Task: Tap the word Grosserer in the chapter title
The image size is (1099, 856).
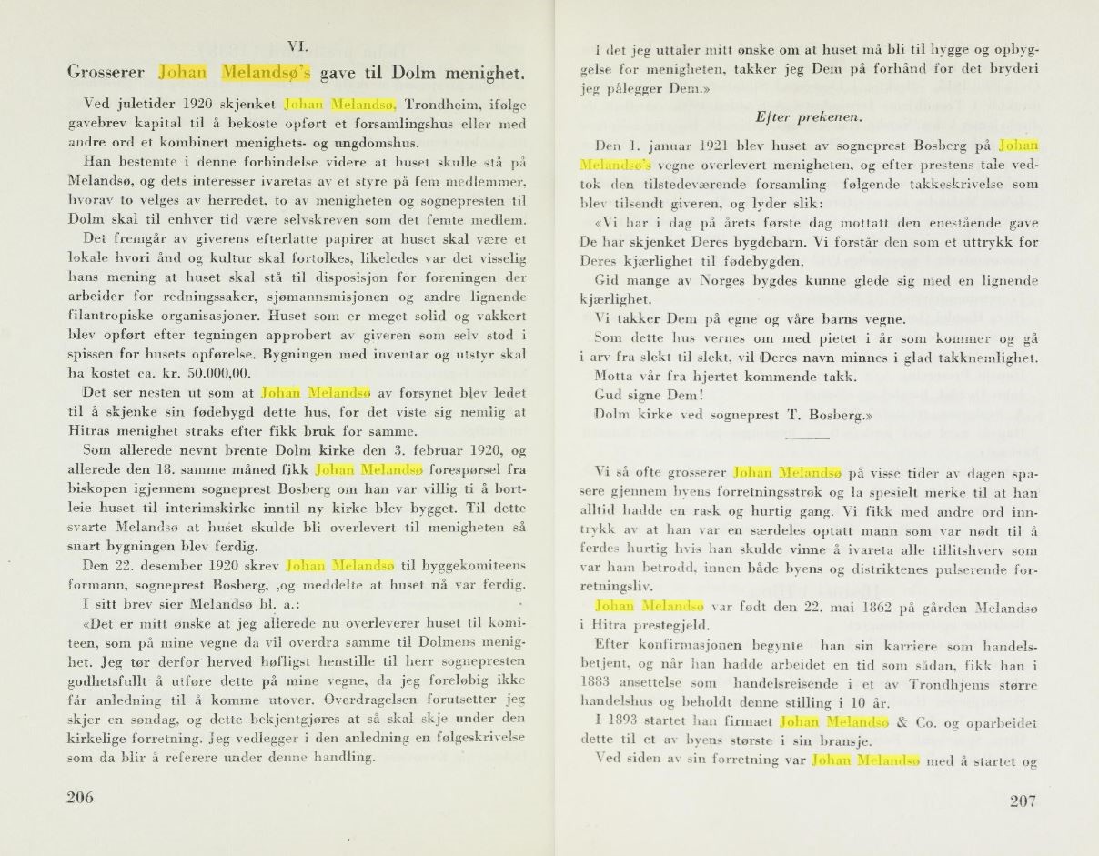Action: [108, 72]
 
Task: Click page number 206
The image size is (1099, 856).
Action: [81, 797]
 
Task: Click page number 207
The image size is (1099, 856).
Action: [1023, 801]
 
